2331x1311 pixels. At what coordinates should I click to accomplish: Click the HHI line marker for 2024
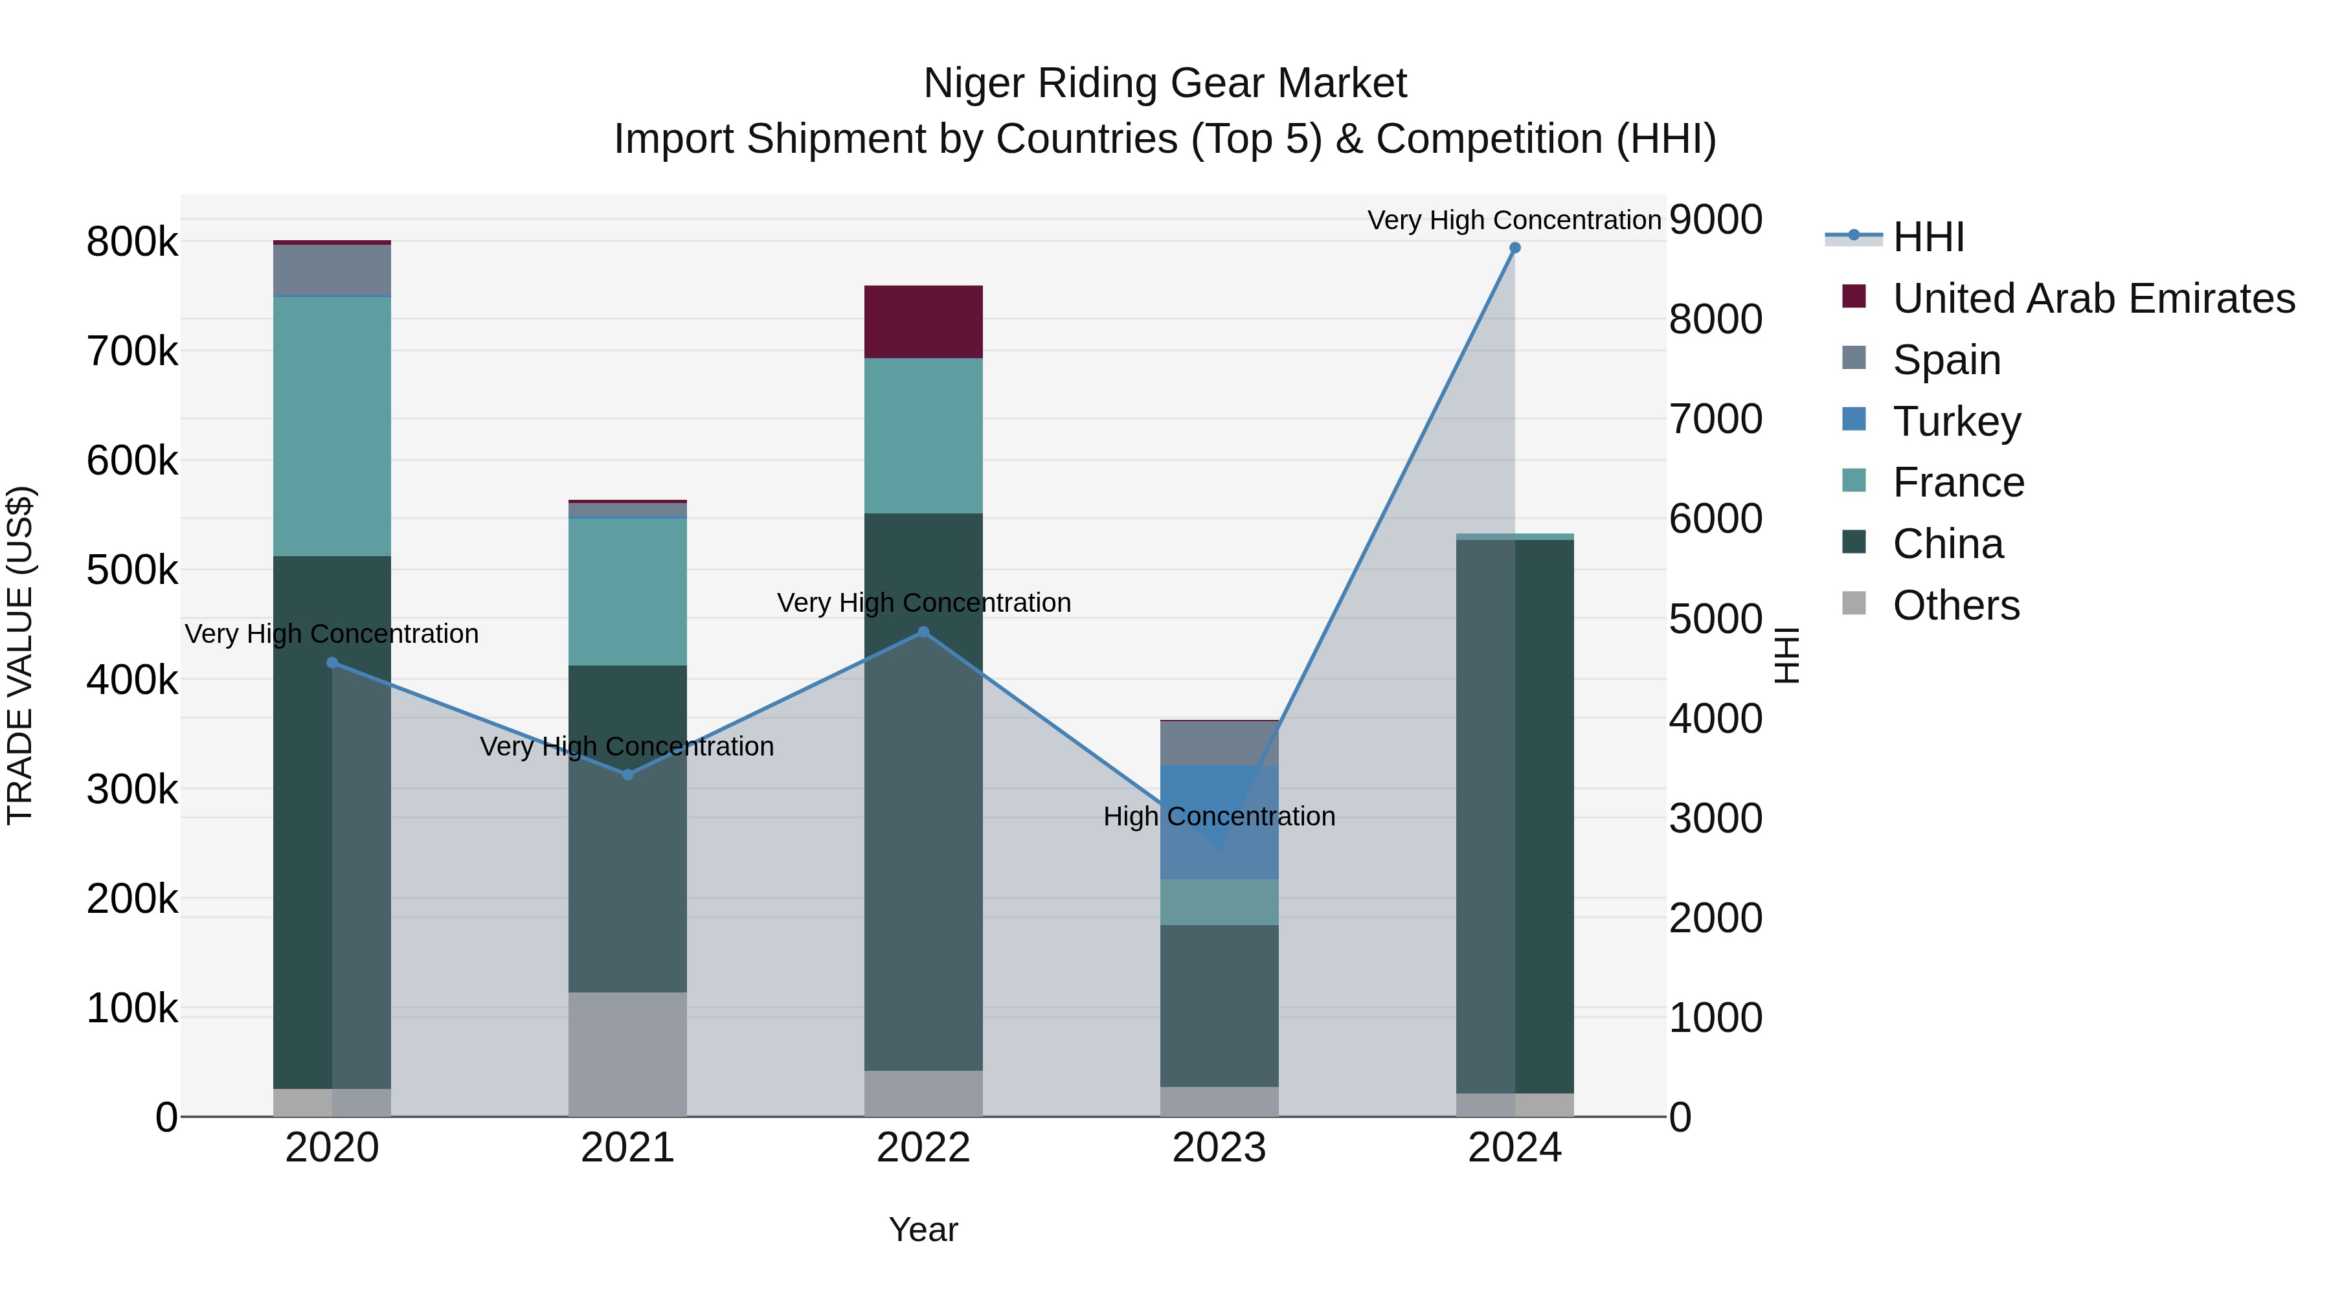coord(1515,248)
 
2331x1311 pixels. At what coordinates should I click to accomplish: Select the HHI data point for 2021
coord(628,774)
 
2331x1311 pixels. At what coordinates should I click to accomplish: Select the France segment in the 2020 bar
coord(332,426)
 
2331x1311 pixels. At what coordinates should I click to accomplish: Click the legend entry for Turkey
coord(1955,421)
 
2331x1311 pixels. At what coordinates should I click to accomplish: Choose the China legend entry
coord(1947,544)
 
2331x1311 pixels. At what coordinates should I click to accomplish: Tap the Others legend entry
coord(1955,606)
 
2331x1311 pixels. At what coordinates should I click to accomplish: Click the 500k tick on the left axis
coord(132,571)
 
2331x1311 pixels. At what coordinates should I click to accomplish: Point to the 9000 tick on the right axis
coord(1715,220)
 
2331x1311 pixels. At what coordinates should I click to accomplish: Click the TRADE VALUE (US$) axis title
coord(20,655)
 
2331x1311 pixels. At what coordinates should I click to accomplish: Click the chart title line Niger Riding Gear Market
coord(1165,84)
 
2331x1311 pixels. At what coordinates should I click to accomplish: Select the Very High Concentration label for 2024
coord(1514,220)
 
